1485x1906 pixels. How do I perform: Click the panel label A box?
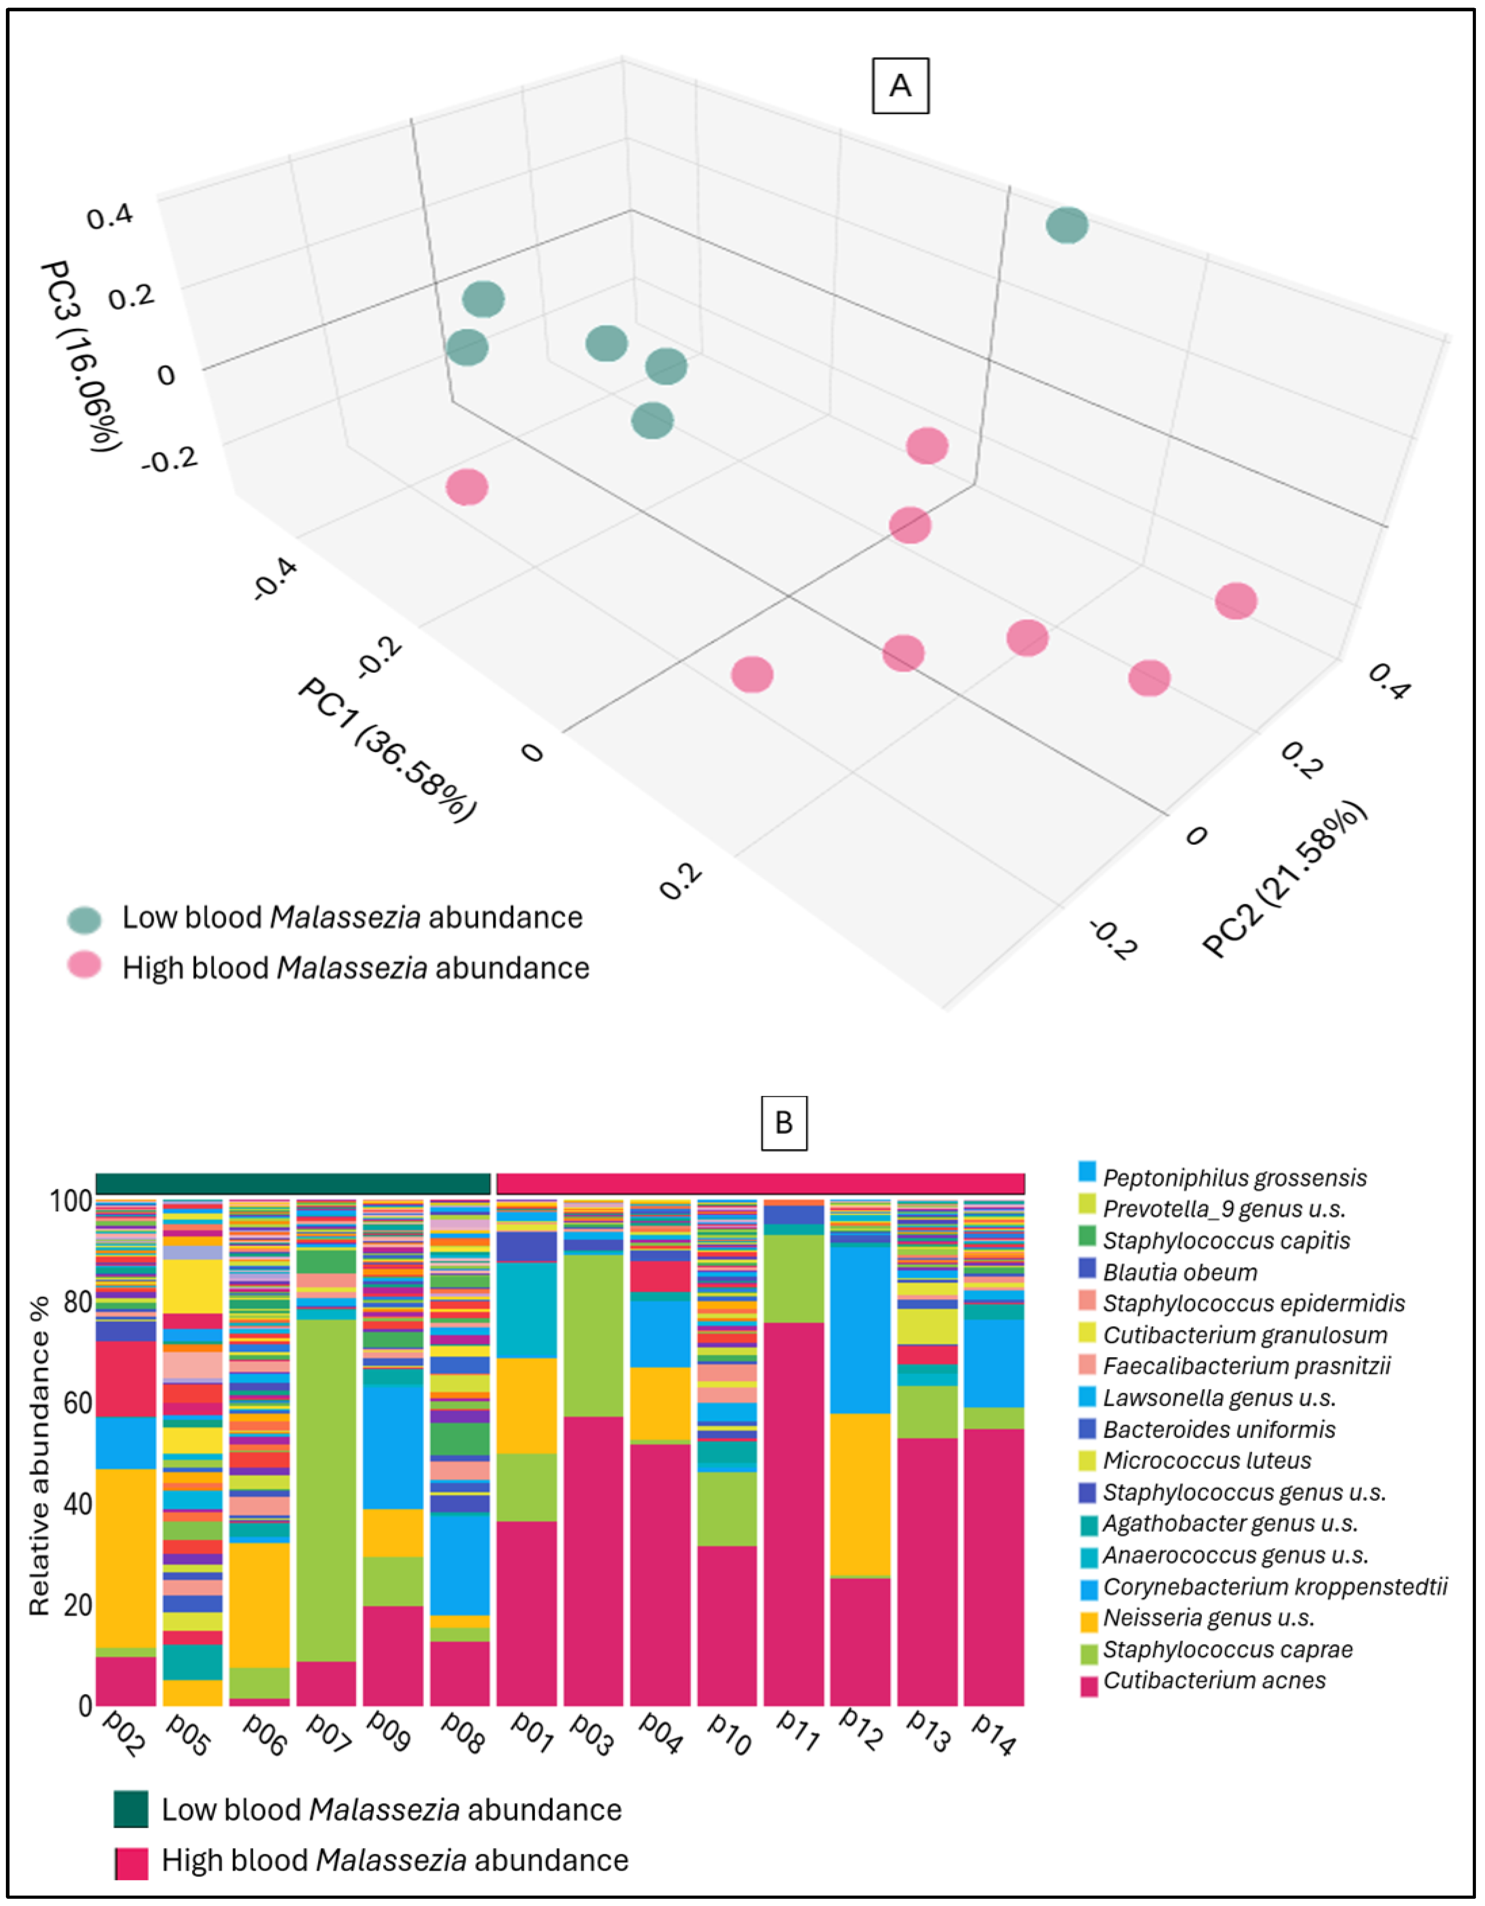point(900,86)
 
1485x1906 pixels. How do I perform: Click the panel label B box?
point(783,1122)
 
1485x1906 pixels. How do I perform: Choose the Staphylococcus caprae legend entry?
point(1227,1648)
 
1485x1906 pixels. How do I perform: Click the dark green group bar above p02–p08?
point(293,1183)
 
